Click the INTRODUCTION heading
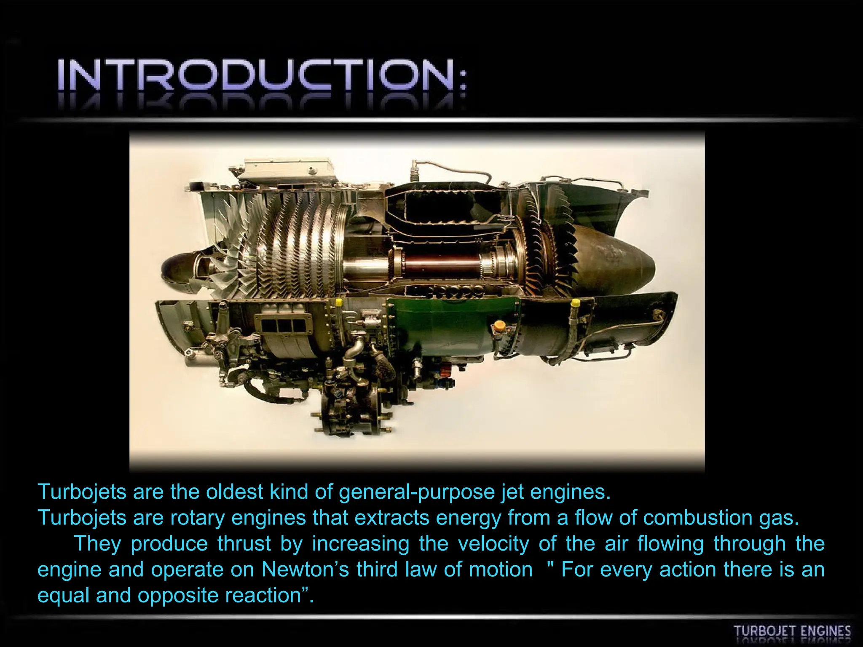tap(262, 75)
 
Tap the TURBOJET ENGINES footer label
tap(792, 631)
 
